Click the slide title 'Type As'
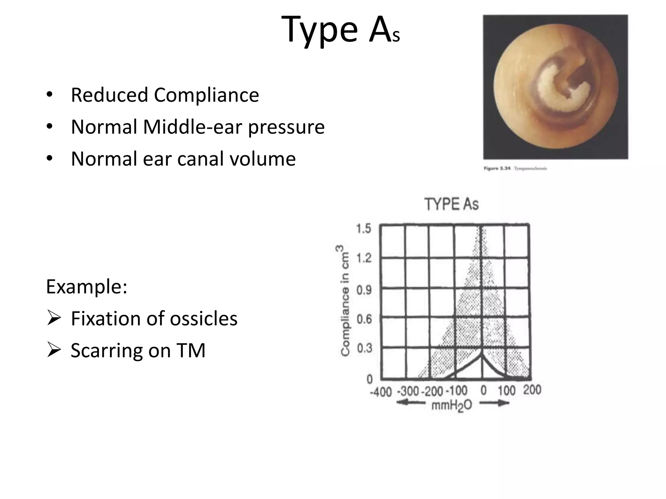click(x=340, y=30)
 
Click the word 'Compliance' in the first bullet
click(x=206, y=95)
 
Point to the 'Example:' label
click(x=87, y=287)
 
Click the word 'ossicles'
click(x=204, y=318)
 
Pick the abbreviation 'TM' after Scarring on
click(x=191, y=350)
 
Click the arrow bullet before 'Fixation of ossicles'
click(x=54, y=318)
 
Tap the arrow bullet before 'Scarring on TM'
click(x=54, y=350)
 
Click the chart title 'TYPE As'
click(x=451, y=204)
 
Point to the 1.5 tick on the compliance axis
click(x=364, y=229)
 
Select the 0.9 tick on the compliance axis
click(x=364, y=289)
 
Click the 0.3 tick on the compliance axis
click(x=364, y=348)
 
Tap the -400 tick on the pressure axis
click(x=380, y=392)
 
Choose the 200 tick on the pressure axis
click(x=532, y=390)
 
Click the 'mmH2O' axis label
click(x=451, y=406)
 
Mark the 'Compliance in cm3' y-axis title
click(x=345, y=301)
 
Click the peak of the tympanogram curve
click(x=482, y=355)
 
